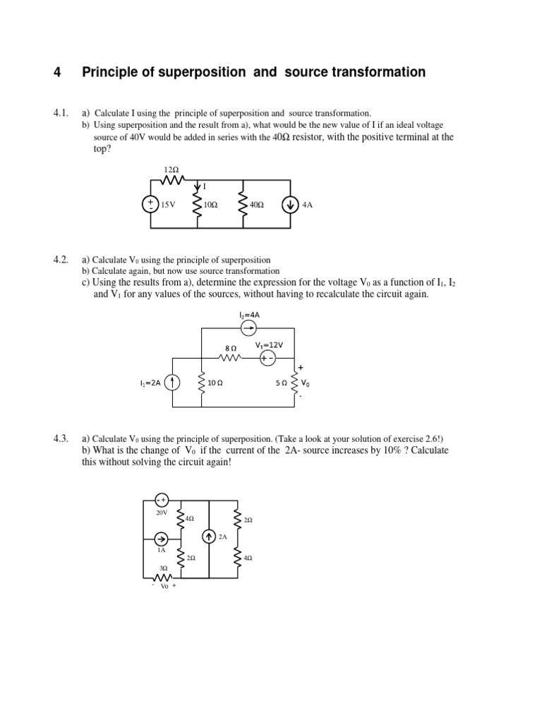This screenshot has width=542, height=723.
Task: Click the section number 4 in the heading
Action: [57, 72]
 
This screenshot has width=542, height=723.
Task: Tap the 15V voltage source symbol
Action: [150, 205]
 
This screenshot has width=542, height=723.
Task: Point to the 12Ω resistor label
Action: [171, 171]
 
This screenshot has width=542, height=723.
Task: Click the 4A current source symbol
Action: [290, 205]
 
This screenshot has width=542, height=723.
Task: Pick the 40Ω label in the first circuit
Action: [257, 205]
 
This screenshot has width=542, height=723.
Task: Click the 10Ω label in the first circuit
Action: [210, 205]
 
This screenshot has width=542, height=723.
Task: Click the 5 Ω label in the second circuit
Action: [281, 383]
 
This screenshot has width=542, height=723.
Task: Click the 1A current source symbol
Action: [161, 539]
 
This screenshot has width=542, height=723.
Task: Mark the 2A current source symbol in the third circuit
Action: [209, 537]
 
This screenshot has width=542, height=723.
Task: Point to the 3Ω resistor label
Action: [162, 568]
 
